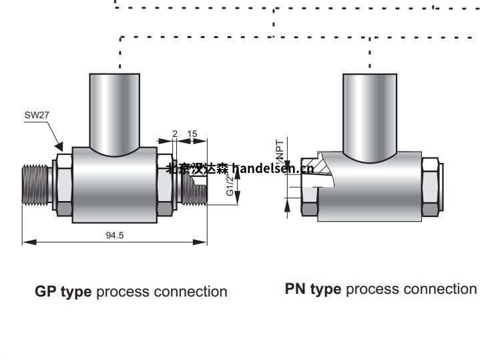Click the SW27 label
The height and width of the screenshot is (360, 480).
[x=37, y=115]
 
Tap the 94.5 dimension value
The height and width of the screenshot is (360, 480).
[x=115, y=235]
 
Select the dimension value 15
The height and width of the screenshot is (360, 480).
[x=192, y=134]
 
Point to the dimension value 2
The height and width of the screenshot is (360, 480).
[x=175, y=134]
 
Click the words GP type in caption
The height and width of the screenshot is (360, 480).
[x=63, y=292]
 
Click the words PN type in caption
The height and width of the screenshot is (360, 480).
[x=312, y=289]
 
